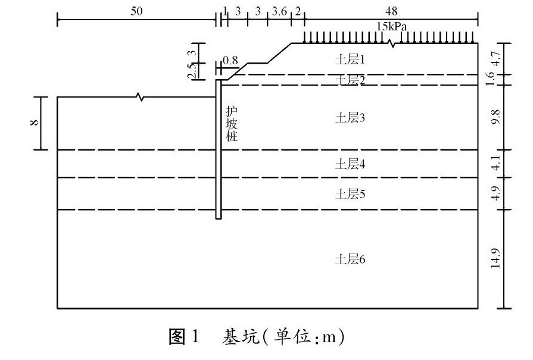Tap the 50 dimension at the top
point(137,11)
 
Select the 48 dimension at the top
point(391,11)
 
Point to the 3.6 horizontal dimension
point(279,11)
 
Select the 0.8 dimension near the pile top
point(229,60)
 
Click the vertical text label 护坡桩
point(231,124)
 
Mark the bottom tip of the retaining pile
point(218,218)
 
